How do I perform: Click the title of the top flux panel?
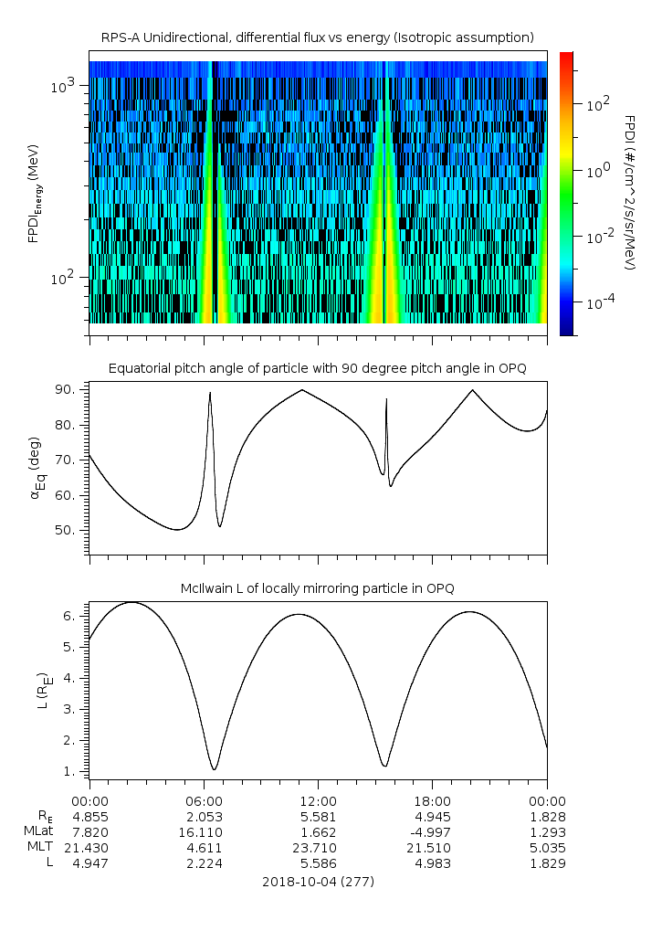click(317, 37)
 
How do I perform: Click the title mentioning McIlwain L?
click(317, 587)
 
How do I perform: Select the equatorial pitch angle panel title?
click(317, 368)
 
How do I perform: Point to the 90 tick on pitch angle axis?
click(71, 390)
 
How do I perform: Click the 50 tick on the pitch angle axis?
click(71, 530)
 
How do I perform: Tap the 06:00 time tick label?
click(204, 799)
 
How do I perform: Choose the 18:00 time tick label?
click(433, 799)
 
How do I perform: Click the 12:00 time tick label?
click(318, 799)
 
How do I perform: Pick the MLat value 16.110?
click(204, 832)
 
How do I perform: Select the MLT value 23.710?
click(318, 849)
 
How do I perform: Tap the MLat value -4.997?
click(433, 832)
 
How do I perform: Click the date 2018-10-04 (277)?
click(318, 883)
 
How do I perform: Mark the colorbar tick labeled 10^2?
click(597, 104)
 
